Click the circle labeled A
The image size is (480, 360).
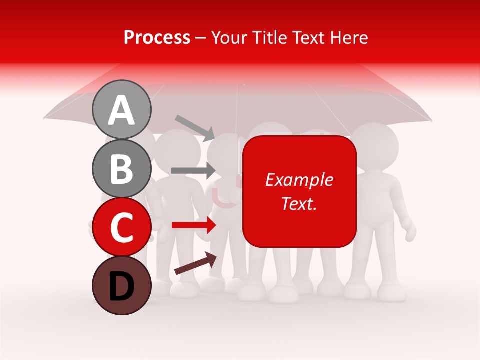click(x=121, y=109)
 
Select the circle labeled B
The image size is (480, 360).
click(x=121, y=168)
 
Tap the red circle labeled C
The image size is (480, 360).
click(x=121, y=227)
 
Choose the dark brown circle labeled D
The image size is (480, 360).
click(x=121, y=286)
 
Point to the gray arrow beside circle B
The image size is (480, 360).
click(x=193, y=171)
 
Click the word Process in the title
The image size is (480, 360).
click(x=157, y=37)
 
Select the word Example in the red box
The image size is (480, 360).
click(x=299, y=180)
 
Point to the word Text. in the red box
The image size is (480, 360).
click(x=299, y=203)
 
